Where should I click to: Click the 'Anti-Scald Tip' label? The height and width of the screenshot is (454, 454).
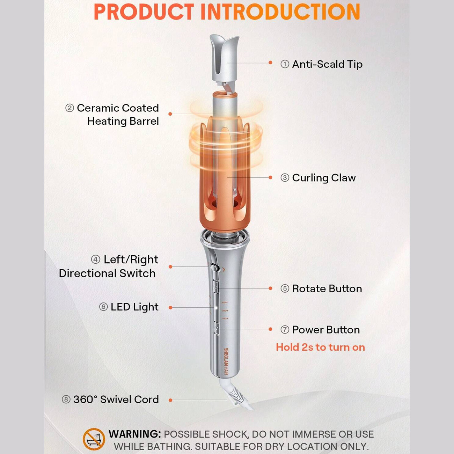[x=327, y=64]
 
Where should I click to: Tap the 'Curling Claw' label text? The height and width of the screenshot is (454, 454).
[x=324, y=178]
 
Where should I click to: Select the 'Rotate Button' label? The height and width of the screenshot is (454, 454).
[x=327, y=288]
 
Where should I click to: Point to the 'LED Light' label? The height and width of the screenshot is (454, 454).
[x=134, y=307]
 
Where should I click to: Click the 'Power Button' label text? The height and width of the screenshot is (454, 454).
[x=326, y=330]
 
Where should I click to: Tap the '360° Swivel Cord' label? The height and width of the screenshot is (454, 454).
[x=116, y=399]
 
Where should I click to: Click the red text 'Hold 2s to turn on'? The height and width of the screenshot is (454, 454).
[x=320, y=347]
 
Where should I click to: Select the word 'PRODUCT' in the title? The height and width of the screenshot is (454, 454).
[x=144, y=12]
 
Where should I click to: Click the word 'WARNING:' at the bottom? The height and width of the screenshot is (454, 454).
[x=134, y=434]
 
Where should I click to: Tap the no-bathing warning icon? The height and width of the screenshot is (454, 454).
[x=94, y=439]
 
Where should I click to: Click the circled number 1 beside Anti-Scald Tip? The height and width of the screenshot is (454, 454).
[x=285, y=64]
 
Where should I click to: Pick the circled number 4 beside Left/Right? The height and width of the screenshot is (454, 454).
[x=95, y=259]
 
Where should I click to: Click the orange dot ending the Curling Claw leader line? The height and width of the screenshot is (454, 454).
[x=270, y=177]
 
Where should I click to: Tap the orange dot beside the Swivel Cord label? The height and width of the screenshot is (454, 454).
[x=170, y=400]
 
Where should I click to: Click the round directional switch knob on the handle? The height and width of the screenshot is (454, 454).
[x=214, y=268]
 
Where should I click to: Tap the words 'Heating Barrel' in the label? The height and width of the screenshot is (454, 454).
[x=123, y=121]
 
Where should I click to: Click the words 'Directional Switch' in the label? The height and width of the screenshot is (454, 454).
[x=107, y=273]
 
